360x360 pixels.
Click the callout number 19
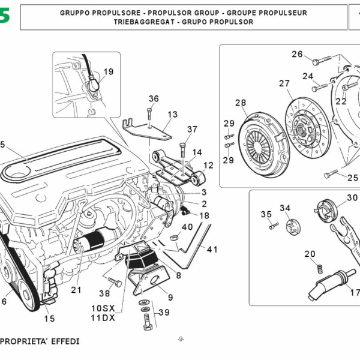click(107, 72)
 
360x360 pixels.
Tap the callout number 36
click(154, 99)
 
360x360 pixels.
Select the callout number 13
click(173, 114)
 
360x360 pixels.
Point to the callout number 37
click(192, 129)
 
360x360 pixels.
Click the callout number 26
click(298, 54)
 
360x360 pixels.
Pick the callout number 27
click(284, 83)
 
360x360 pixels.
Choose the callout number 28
click(241, 103)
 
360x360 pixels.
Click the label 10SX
click(103, 308)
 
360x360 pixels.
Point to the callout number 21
click(76, 290)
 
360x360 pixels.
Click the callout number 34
click(285, 208)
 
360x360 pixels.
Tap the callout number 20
click(310, 254)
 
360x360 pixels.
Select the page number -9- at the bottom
click(181, 340)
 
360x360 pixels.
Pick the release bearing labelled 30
click(327, 212)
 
